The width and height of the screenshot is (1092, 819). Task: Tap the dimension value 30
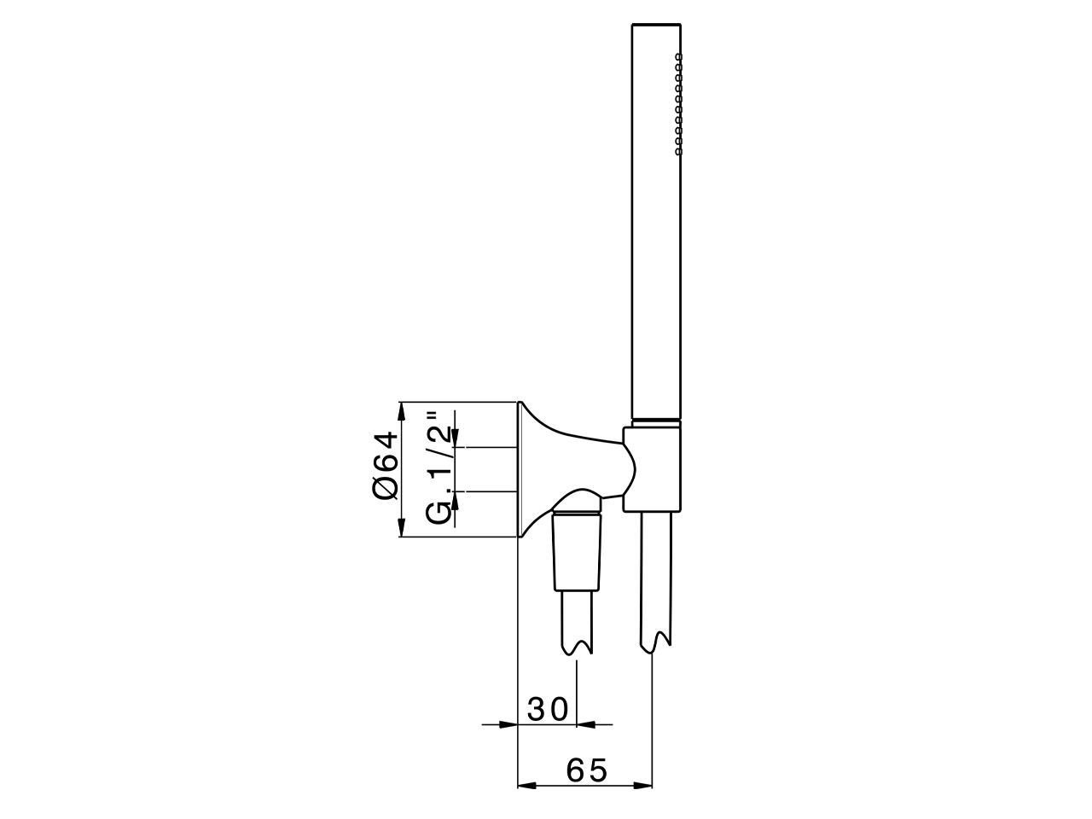547,709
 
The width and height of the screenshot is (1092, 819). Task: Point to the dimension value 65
587,770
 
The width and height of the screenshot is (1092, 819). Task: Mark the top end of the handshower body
657,26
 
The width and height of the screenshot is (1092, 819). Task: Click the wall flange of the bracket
520,469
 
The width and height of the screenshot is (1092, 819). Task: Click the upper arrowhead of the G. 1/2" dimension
456,438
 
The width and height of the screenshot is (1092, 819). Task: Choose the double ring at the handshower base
657,421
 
